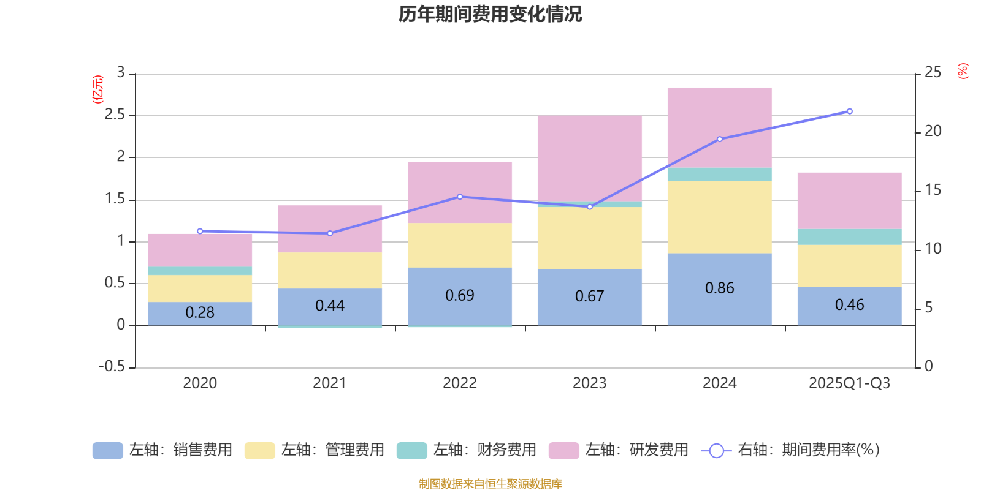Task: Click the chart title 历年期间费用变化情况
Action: [x=490, y=14]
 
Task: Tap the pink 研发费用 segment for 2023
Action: [x=589, y=158]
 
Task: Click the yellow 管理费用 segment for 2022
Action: [x=460, y=245]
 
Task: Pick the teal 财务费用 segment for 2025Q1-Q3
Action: [x=849, y=237]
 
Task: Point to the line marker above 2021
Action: [x=330, y=233]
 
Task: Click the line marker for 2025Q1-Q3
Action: [x=849, y=111]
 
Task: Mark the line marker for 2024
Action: [x=719, y=139]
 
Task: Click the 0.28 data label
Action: [x=200, y=313]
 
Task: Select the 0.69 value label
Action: [x=460, y=296]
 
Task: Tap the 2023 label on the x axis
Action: [x=589, y=383]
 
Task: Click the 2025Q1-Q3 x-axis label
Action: [x=849, y=383]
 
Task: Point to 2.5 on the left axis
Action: [x=115, y=115]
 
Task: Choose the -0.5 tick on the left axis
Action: [x=112, y=366]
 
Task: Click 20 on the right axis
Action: [x=933, y=131]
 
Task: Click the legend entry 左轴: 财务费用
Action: [x=466, y=451]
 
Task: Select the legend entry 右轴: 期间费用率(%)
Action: [x=791, y=451]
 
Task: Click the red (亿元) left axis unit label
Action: [x=97, y=89]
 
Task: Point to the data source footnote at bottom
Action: [x=490, y=484]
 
